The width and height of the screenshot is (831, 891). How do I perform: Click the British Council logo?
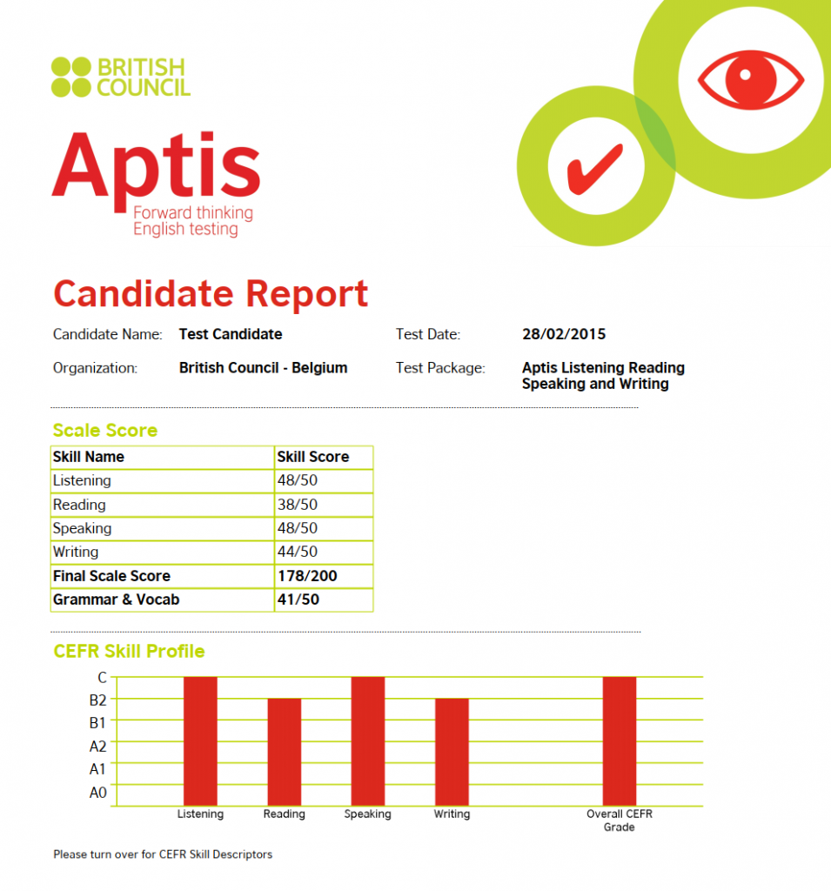(120, 77)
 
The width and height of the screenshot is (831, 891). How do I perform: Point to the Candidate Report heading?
(211, 294)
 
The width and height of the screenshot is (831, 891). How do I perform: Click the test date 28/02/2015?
(564, 334)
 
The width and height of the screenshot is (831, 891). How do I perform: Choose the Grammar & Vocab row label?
(116, 600)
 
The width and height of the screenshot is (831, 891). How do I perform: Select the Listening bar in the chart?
(200, 740)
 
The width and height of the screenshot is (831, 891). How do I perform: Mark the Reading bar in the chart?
(284, 752)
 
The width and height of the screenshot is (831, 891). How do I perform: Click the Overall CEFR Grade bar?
(619, 740)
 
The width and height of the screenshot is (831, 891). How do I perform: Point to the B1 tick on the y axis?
(97, 722)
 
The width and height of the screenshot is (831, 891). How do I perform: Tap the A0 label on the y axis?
(97, 793)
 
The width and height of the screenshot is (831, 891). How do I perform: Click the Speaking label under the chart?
(367, 814)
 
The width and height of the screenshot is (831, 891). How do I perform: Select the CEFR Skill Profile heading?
(129, 651)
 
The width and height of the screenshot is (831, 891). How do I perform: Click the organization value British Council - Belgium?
(263, 368)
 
